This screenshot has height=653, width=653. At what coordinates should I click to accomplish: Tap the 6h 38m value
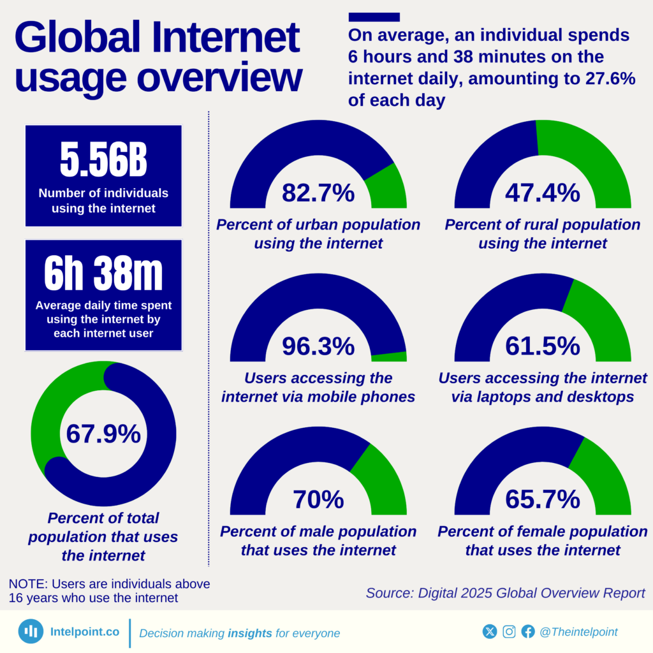[103, 275]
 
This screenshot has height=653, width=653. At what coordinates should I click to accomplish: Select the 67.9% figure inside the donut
[103, 434]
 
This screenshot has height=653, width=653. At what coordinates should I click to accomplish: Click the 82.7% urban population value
[318, 192]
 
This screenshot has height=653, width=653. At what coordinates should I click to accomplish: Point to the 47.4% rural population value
[543, 192]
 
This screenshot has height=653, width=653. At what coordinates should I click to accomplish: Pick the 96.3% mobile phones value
[318, 346]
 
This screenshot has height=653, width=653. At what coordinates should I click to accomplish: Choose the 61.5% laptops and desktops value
[543, 346]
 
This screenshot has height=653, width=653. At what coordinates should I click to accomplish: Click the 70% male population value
[318, 499]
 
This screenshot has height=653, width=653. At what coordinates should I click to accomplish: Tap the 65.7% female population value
[543, 499]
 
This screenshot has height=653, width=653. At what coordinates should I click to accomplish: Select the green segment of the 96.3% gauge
[389, 356]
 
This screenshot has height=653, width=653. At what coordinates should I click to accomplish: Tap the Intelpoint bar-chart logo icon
[31, 631]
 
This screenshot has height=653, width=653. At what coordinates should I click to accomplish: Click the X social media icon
[490, 631]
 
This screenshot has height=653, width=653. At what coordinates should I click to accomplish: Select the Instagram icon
[509, 631]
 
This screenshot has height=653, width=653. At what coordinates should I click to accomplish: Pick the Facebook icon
[528, 631]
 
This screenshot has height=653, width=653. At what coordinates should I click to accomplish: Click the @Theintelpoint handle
[578, 631]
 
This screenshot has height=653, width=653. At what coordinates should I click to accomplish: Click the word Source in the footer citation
[389, 592]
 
